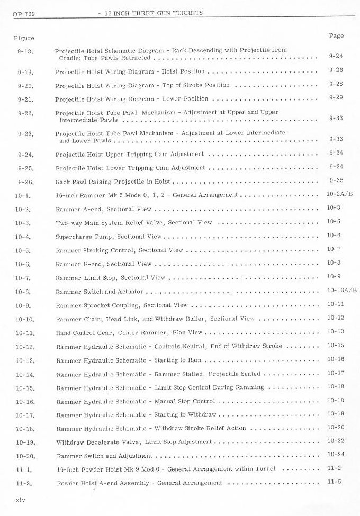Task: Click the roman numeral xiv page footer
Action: pyautogui.click(x=21, y=499)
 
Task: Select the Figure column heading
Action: pyautogui.click(x=23, y=38)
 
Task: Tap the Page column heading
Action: pyautogui.click(x=336, y=35)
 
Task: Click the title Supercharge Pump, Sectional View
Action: pyautogui.click(x=109, y=237)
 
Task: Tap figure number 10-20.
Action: pyautogui.click(x=25, y=456)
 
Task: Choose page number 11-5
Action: pyautogui.click(x=334, y=482)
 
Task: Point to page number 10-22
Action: pyautogui.click(x=336, y=441)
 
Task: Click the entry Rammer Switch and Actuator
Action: pyautogui.click(x=100, y=292)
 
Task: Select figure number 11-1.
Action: pyautogui.click(x=25, y=469)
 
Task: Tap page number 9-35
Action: pyautogui.click(x=336, y=180)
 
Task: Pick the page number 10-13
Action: pyautogui.click(x=336, y=331)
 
